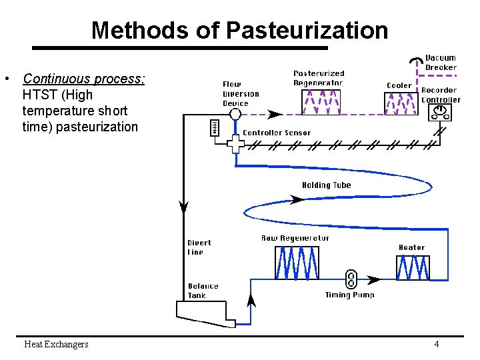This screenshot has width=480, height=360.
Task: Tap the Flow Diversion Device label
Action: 241,94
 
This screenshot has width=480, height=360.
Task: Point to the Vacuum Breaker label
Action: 441,63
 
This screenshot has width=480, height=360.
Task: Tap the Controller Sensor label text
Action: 277,133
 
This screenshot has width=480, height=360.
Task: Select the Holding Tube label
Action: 326,185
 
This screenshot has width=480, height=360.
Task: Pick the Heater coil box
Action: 413,267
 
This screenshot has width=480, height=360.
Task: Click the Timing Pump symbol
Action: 351,279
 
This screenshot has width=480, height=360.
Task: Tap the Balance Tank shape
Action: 205,312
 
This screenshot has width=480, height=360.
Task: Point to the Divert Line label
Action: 199,247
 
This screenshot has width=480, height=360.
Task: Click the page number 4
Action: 436,345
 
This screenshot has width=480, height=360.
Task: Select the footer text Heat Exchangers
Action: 56,345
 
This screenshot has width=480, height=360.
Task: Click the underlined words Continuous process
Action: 84,79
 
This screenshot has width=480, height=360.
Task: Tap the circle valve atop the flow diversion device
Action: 235,115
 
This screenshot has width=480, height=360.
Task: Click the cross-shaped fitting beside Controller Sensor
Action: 235,143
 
